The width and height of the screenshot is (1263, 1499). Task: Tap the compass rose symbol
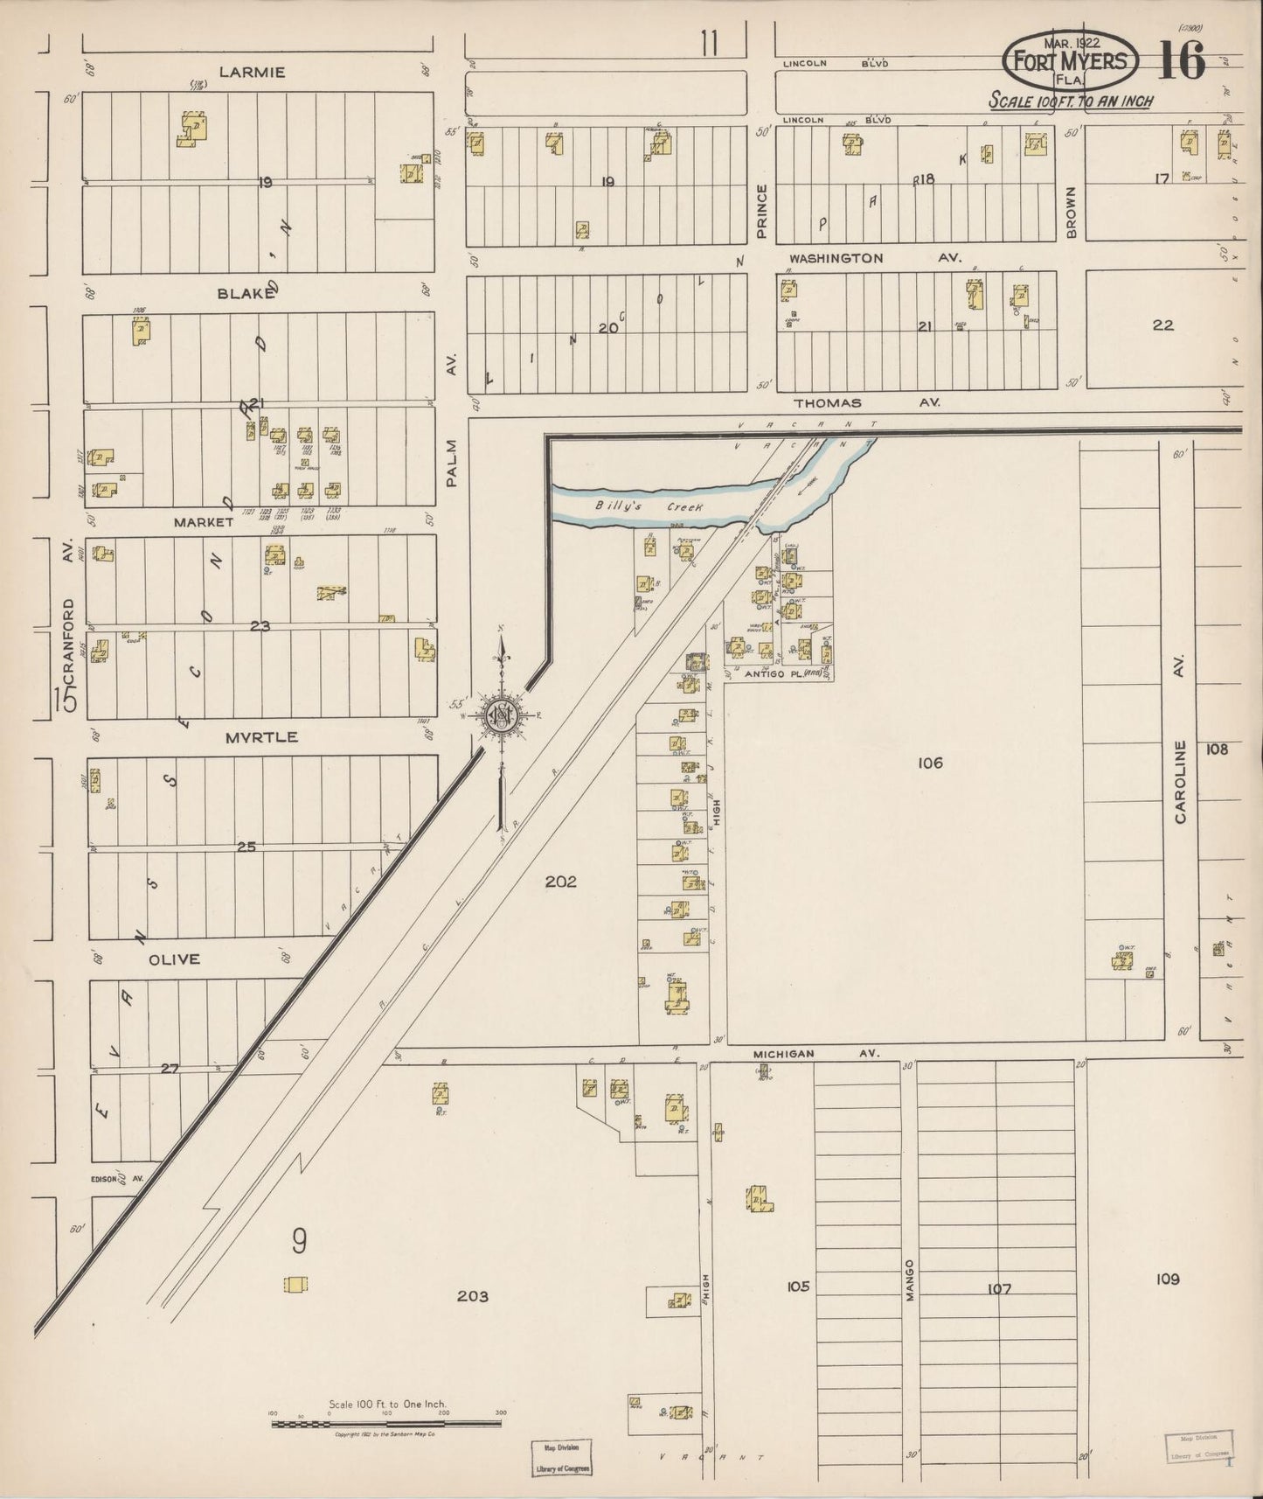[x=503, y=715]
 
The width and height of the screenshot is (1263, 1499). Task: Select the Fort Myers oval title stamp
[x=1071, y=61]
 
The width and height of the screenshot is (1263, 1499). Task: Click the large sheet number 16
[x=1182, y=61]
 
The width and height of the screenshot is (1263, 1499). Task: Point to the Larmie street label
[x=252, y=73]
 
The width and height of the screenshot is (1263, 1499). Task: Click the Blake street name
[x=246, y=295]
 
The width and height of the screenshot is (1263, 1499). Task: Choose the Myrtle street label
[x=260, y=737]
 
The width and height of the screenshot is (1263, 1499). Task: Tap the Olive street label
[x=174, y=959]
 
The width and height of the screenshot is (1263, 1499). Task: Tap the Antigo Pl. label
[x=772, y=675]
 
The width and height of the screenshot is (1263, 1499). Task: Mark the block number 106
[x=930, y=763]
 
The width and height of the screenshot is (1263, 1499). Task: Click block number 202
[x=560, y=882]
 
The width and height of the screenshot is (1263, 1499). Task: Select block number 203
[x=472, y=1296]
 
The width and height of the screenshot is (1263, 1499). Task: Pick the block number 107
[x=998, y=1289]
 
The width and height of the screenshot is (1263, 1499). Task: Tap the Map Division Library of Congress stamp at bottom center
[x=561, y=1458]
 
